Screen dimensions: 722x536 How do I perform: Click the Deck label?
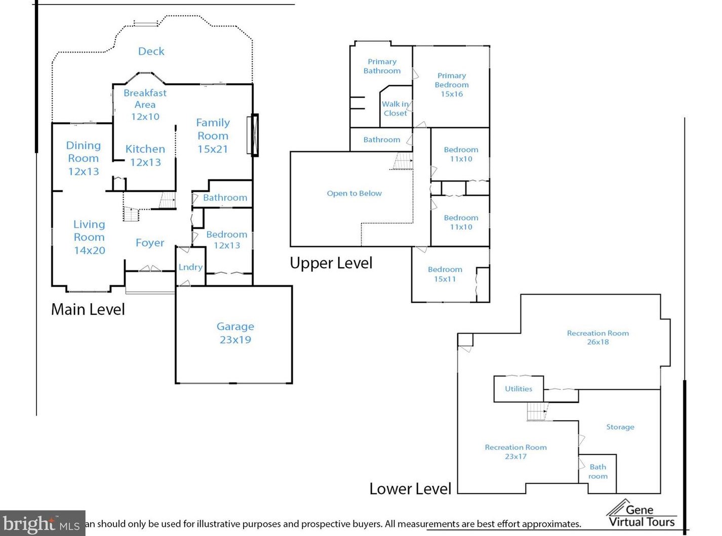pyautogui.click(x=151, y=51)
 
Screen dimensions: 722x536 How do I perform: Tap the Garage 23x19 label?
pyautogui.click(x=235, y=333)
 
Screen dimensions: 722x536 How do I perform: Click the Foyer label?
pyautogui.click(x=150, y=243)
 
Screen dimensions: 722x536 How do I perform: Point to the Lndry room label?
pyautogui.click(x=190, y=267)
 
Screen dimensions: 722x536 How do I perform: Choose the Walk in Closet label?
pyautogui.click(x=395, y=108)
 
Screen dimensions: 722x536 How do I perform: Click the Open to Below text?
pyautogui.click(x=354, y=193)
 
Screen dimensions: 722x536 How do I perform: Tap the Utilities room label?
pyautogui.click(x=518, y=389)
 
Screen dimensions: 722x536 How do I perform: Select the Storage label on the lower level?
pyautogui.click(x=620, y=427)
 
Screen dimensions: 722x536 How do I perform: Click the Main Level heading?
pyautogui.click(x=88, y=309)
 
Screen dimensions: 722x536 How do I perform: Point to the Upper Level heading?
pyautogui.click(x=331, y=263)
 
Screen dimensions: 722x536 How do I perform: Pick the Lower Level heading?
pyautogui.click(x=411, y=489)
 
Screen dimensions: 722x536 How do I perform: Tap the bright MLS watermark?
pyautogui.click(x=43, y=523)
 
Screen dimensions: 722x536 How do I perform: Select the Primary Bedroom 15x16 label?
pyautogui.click(x=452, y=85)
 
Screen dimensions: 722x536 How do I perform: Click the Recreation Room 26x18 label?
pyautogui.click(x=597, y=338)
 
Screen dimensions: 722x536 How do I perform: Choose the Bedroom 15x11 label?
pyautogui.click(x=445, y=274)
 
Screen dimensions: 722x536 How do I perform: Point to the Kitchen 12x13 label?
pyautogui.click(x=145, y=155)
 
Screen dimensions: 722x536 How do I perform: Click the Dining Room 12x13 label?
pyautogui.click(x=84, y=158)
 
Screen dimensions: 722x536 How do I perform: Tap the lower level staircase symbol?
pyautogui.click(x=537, y=411)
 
